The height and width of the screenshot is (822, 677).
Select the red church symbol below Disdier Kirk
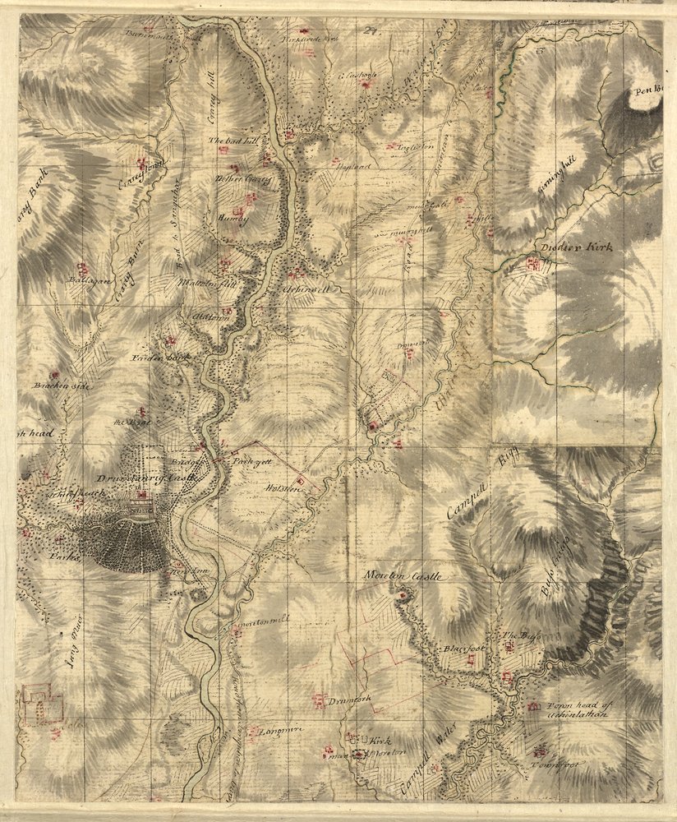click(x=534, y=264)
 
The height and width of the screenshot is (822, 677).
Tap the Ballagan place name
click(x=85, y=281)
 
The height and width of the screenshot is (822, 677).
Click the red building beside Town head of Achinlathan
click(x=533, y=707)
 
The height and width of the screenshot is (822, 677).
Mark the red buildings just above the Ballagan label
click(x=81, y=268)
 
